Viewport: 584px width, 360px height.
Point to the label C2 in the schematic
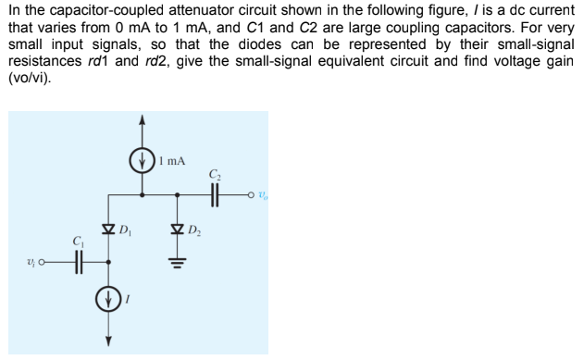(216, 173)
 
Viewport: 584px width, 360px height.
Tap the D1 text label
(127, 227)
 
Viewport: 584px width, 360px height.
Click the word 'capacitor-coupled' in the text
(106, 10)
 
